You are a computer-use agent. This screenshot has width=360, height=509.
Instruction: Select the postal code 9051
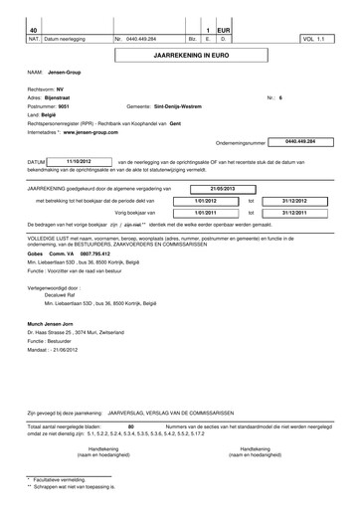click(66, 107)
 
